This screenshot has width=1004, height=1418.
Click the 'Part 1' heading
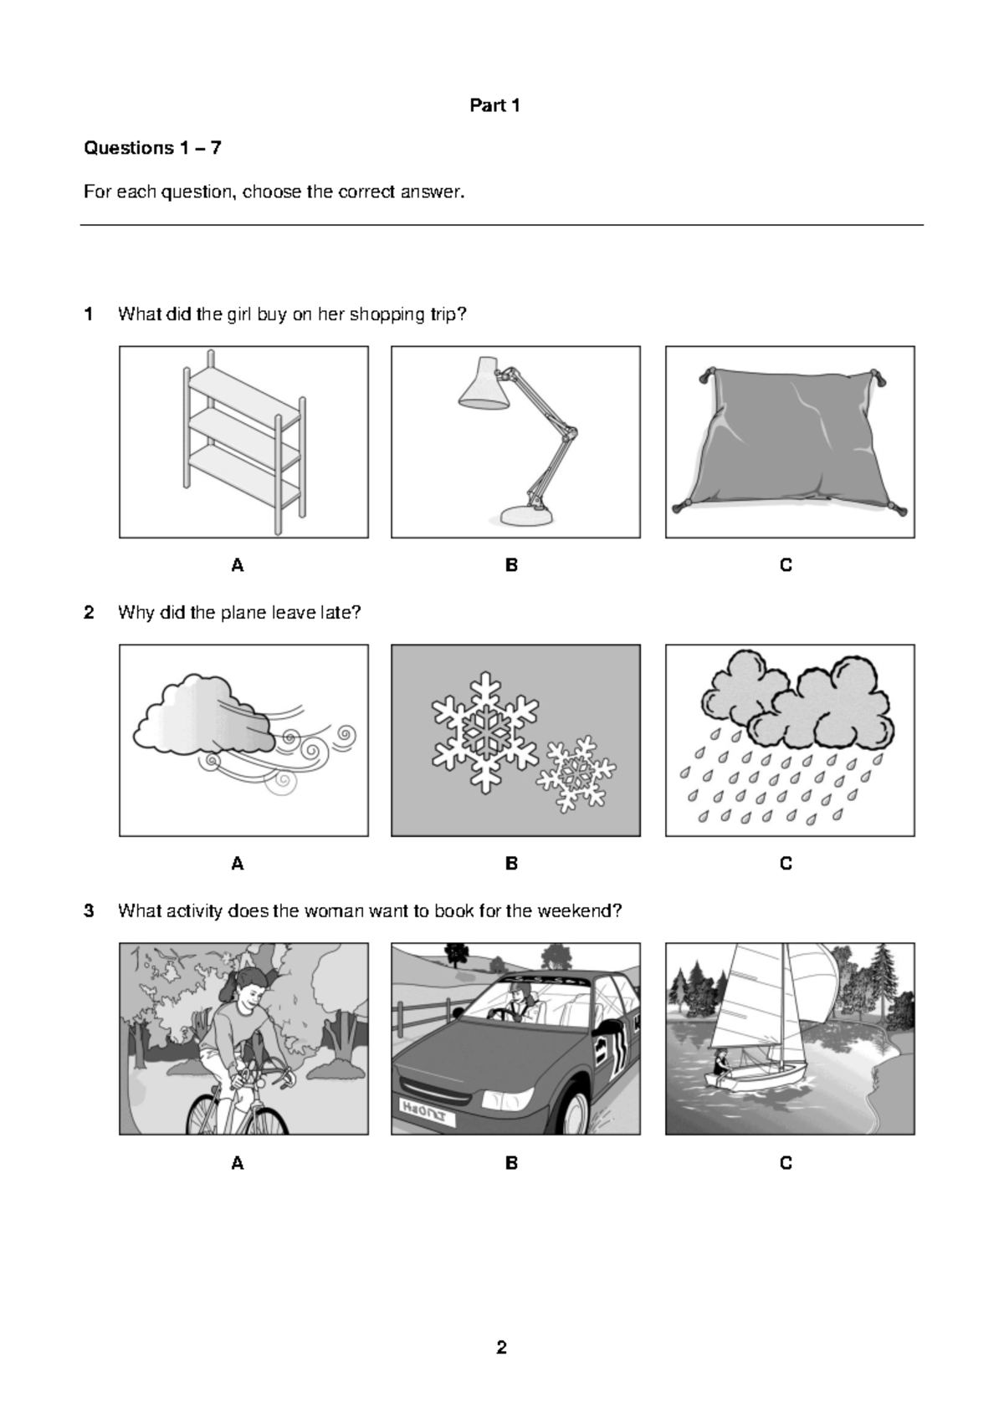tap(494, 105)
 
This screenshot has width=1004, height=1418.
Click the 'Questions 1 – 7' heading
tap(152, 148)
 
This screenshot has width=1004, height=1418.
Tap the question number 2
tap(89, 613)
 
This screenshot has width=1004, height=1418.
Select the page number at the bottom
tap(501, 1347)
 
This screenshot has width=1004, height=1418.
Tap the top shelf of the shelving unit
tap(243, 386)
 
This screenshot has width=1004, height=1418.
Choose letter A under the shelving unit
tap(238, 565)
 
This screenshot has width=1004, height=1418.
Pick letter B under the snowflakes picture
tap(511, 864)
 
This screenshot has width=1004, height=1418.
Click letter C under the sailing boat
tap(786, 1163)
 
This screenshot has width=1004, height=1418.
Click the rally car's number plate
tap(427, 1112)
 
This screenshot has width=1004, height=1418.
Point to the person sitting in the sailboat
tap(720, 1063)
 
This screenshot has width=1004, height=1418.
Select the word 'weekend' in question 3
tap(577, 911)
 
